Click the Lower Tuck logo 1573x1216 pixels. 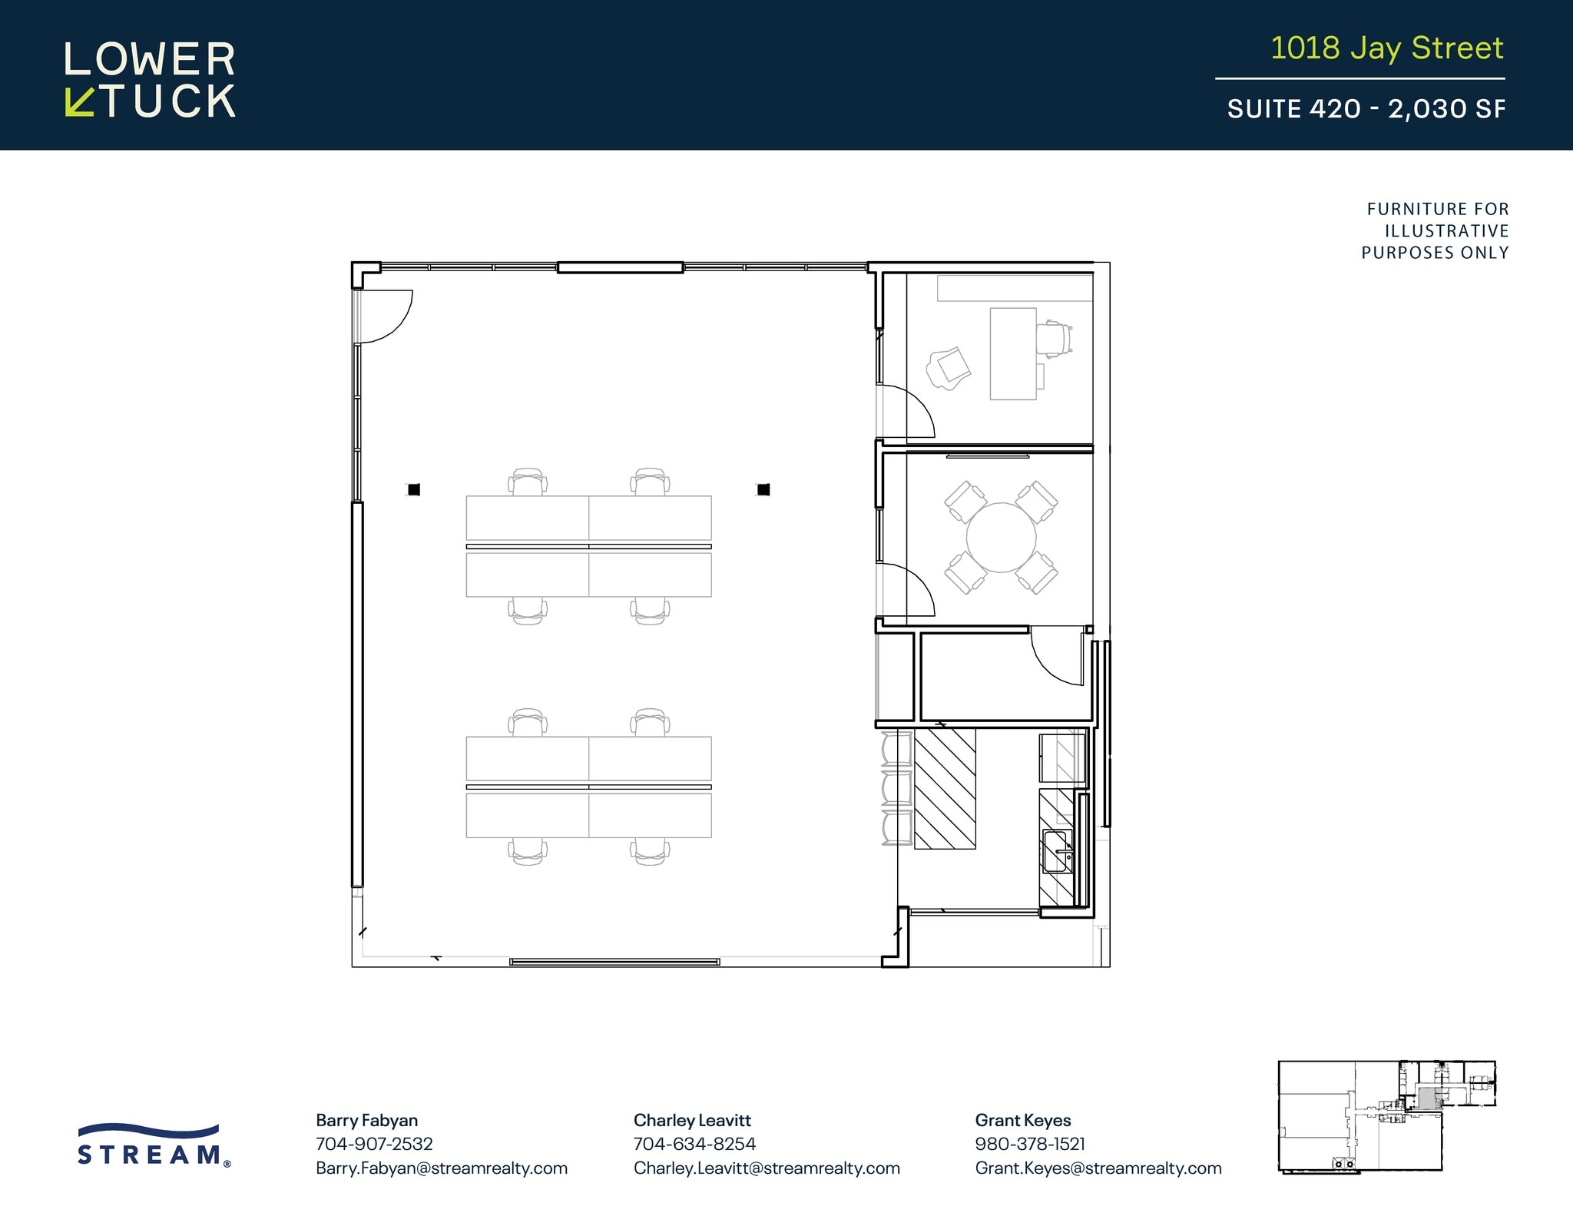150,80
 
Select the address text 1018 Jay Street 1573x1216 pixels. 1386,48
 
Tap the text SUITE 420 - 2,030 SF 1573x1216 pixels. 1366,109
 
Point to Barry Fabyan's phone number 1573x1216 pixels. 374,1144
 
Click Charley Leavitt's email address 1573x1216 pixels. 766,1168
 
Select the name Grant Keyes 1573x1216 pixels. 1022,1120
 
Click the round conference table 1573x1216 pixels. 1001,538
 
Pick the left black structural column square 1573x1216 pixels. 414,489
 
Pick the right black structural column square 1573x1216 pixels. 763,489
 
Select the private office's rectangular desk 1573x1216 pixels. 1012,353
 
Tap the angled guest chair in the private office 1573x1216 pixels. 949,369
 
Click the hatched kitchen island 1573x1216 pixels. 945,788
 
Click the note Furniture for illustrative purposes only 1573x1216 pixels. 1435,230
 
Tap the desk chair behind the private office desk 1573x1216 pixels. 1054,340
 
